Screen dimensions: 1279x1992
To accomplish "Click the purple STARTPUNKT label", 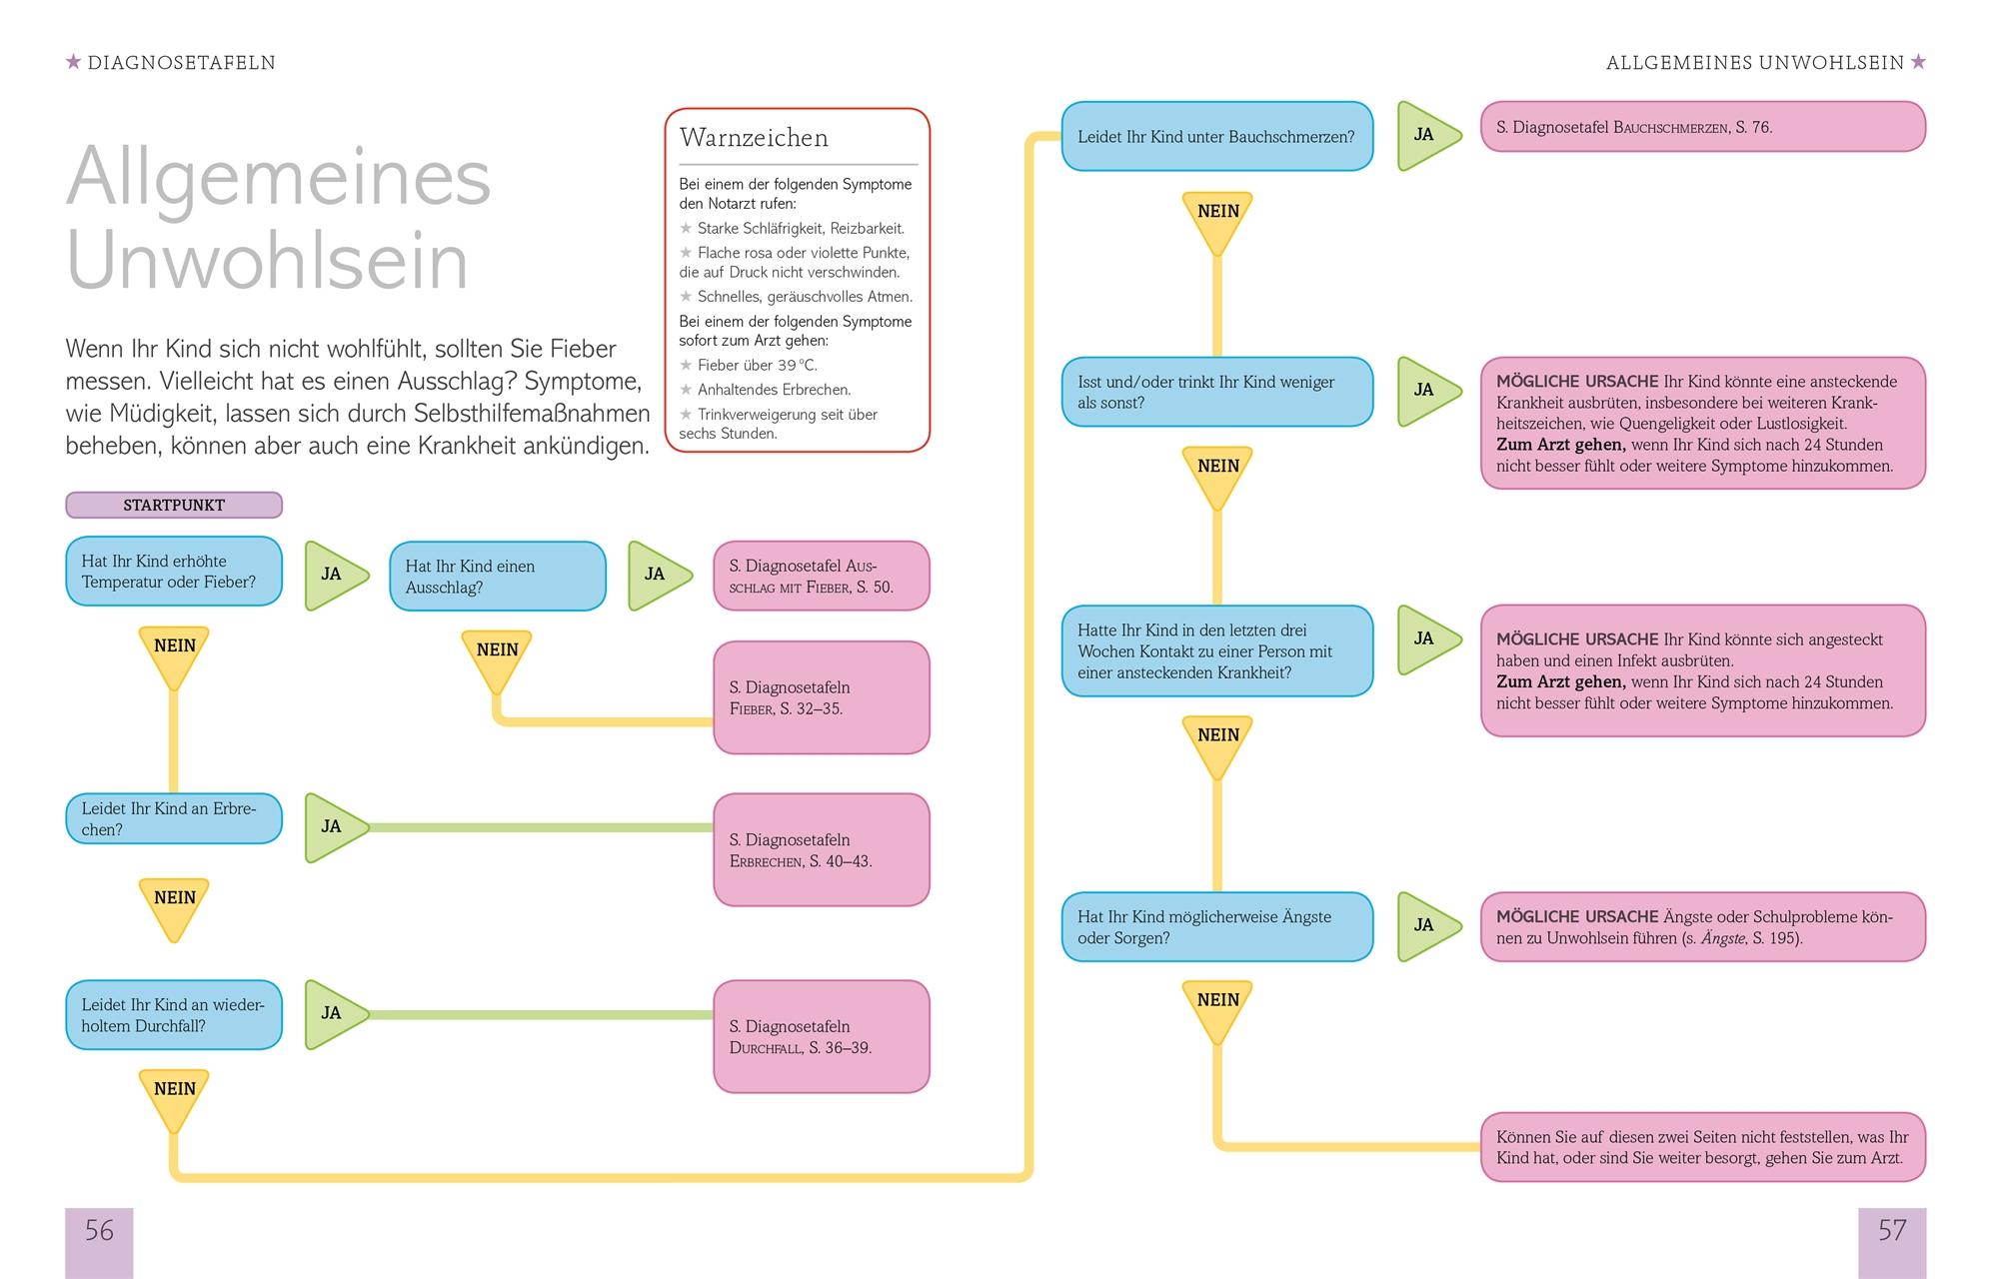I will (x=174, y=505).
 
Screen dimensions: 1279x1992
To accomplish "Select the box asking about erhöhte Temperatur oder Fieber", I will (x=174, y=572).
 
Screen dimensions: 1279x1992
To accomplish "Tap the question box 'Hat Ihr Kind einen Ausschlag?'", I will (x=497, y=577).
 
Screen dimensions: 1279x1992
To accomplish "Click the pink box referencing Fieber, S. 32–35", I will (x=821, y=697).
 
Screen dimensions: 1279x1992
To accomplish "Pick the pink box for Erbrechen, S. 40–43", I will (x=821, y=850).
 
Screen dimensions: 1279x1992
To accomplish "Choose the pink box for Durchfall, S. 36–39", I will (x=821, y=1036).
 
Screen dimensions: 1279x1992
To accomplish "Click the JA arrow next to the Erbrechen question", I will (x=334, y=827).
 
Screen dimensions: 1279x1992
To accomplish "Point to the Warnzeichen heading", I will (x=754, y=138).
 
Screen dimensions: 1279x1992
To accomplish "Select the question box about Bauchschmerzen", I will (x=1216, y=137).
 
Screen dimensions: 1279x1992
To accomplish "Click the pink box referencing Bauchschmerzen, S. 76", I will (x=1702, y=128).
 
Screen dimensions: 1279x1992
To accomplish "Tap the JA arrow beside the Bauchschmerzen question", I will (x=1425, y=136).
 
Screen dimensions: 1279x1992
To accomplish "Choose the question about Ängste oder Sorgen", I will (x=1216, y=927).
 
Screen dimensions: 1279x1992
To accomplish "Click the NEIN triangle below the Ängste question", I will (x=1217, y=1007).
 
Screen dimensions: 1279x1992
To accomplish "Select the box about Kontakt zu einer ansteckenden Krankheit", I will (x=1216, y=651).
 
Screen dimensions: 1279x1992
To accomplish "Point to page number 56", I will (x=99, y=1231).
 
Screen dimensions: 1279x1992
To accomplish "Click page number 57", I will (x=1891, y=1231).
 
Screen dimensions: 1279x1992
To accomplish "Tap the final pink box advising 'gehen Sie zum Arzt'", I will (x=1702, y=1148).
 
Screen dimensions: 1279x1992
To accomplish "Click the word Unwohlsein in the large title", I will (x=268, y=262).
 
